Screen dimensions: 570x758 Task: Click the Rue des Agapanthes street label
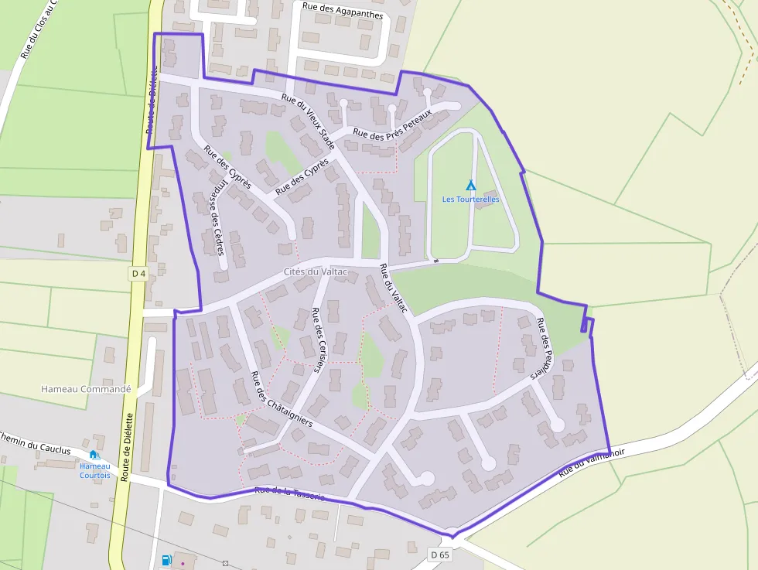(x=343, y=15)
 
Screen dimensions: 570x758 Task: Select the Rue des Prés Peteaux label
(x=393, y=124)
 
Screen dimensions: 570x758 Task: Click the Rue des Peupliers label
(x=547, y=349)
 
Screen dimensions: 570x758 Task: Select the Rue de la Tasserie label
(x=289, y=493)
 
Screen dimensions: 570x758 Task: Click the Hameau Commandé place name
(x=86, y=389)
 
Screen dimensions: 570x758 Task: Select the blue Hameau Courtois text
(x=95, y=470)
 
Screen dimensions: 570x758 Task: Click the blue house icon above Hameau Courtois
(x=94, y=455)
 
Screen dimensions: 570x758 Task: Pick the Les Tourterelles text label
(x=470, y=200)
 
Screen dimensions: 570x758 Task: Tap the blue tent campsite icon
(x=470, y=185)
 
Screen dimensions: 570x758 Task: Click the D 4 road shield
(x=138, y=273)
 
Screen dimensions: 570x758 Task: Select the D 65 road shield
(x=439, y=555)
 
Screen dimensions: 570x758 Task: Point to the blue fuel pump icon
(x=166, y=560)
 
